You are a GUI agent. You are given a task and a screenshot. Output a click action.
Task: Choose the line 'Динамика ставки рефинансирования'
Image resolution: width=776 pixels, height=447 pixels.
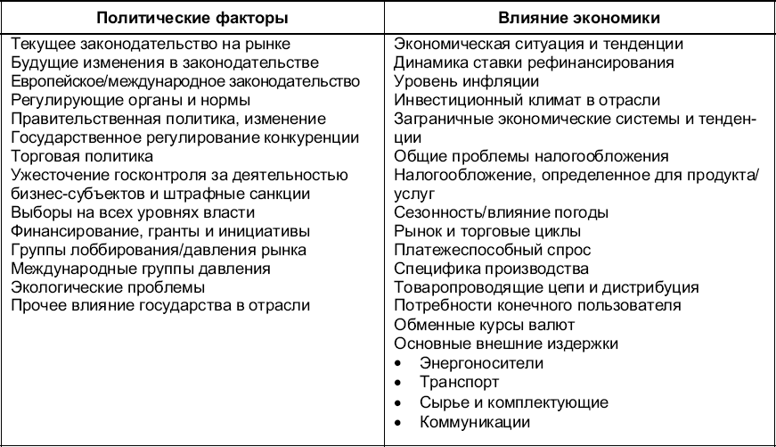click(533, 62)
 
